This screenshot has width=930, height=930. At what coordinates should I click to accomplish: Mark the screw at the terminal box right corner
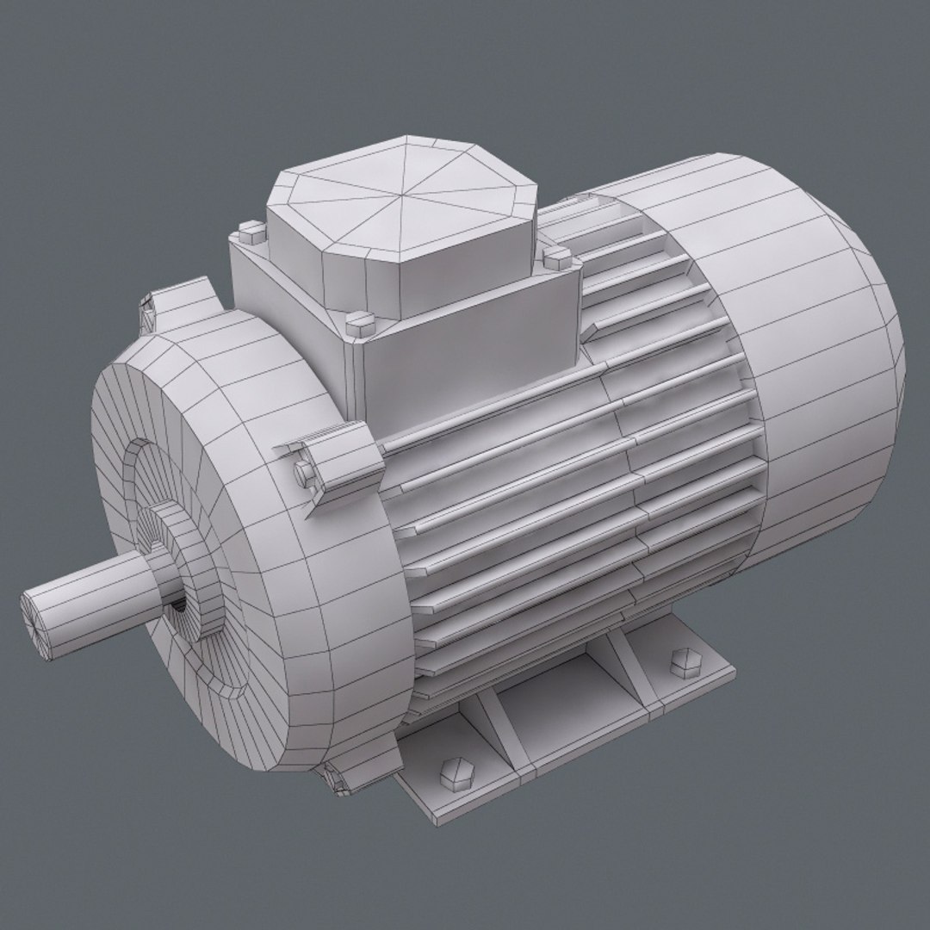[x=555, y=255]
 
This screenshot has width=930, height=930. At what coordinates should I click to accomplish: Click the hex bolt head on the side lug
[x=306, y=471]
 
